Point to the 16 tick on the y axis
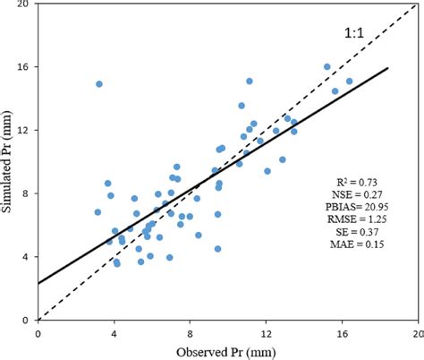click(26, 67)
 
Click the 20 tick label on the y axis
click(26, 4)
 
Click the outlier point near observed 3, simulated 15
click(98, 84)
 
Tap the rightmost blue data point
click(349, 81)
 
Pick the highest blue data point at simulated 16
click(327, 67)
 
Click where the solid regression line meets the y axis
click(38, 283)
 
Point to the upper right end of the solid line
click(387, 68)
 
